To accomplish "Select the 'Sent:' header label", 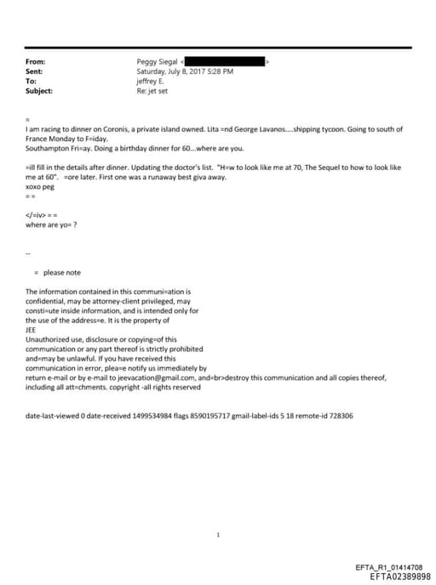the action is click(x=35, y=71).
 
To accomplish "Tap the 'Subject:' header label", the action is click(x=39, y=90).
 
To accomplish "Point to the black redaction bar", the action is click(x=225, y=62).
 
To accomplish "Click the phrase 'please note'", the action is click(x=61, y=272).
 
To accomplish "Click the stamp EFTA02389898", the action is click(x=394, y=576).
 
